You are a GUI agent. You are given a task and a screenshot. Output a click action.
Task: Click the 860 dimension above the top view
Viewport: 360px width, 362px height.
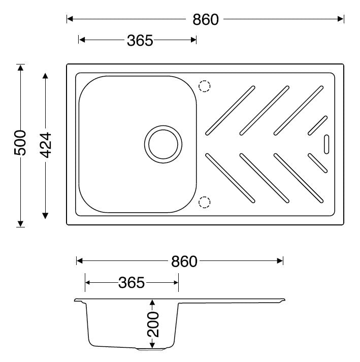(206, 19)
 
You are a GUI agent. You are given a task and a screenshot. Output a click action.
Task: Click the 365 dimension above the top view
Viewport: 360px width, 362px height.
(140, 41)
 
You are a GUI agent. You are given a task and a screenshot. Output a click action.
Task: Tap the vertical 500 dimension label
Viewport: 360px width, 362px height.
(20, 143)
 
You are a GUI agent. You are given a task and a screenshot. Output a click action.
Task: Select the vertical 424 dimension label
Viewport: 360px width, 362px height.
(45, 145)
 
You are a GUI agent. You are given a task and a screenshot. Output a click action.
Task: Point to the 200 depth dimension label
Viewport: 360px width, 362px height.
(153, 324)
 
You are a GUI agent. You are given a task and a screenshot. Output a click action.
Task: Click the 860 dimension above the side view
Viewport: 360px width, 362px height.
(184, 261)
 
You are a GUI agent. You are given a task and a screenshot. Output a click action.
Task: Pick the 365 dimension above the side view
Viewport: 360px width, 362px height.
(132, 283)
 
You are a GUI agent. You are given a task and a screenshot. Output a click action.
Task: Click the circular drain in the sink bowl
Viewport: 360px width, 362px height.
(163, 144)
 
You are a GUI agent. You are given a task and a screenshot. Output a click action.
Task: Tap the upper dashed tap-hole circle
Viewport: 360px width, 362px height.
(204, 86)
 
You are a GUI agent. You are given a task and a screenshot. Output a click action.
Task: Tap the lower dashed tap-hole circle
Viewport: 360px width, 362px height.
(204, 202)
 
